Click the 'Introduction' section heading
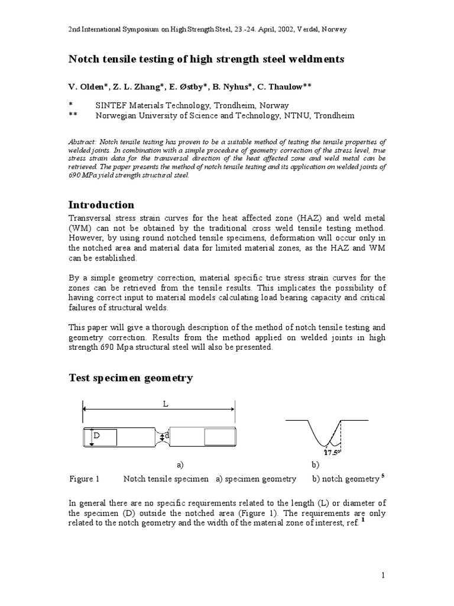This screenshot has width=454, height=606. tap(101, 205)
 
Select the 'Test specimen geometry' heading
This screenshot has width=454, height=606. tap(131, 378)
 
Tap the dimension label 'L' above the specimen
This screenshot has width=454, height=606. tap(165, 404)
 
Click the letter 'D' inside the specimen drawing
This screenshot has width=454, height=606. tap(96, 436)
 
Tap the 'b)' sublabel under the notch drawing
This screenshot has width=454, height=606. tap(315, 465)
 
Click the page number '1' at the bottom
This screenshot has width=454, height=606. tap(383, 575)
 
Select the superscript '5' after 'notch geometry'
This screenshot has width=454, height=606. tap(382, 476)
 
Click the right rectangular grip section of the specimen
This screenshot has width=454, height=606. tap(219, 437)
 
